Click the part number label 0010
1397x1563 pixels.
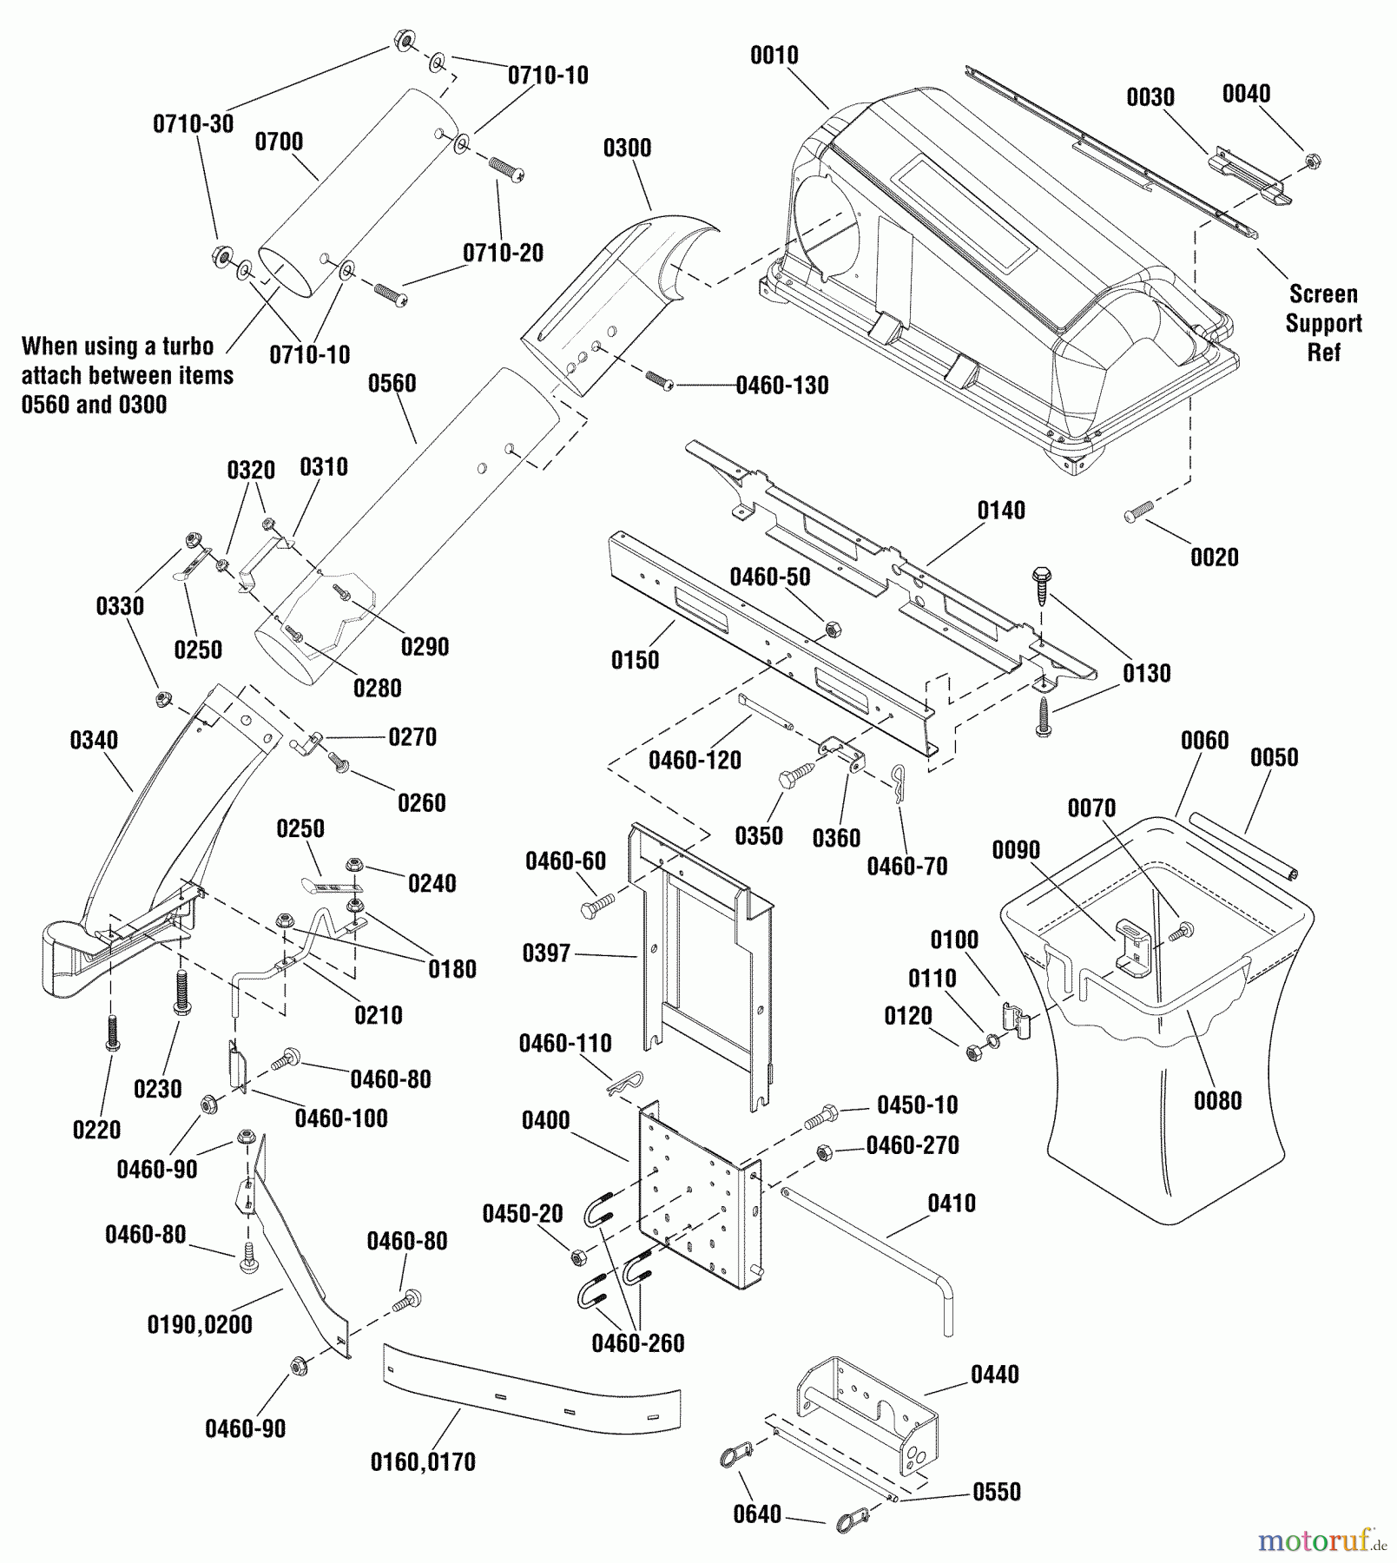point(774,56)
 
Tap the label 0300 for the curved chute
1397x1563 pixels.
point(627,148)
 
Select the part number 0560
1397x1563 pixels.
point(392,384)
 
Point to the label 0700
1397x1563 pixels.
point(279,142)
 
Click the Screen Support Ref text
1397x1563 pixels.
point(1323,323)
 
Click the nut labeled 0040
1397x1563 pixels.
point(1313,161)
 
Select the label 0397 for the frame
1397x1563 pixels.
point(546,953)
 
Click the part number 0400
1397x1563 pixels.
point(546,1120)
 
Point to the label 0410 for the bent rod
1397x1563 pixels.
point(952,1204)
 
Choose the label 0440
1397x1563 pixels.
point(995,1375)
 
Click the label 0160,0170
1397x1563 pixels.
point(423,1462)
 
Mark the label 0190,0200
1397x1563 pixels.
point(200,1324)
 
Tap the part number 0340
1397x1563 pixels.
point(94,741)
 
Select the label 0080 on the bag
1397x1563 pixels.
point(1217,1101)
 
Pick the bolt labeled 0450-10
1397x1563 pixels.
point(820,1117)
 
